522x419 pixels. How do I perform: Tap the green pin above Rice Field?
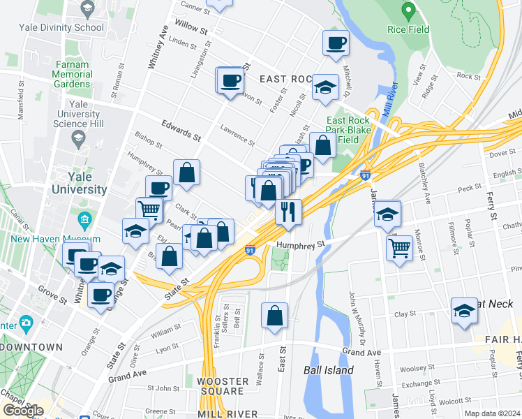(409, 10)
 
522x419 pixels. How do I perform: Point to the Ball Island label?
(328, 370)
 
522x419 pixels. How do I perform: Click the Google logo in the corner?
(22, 411)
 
